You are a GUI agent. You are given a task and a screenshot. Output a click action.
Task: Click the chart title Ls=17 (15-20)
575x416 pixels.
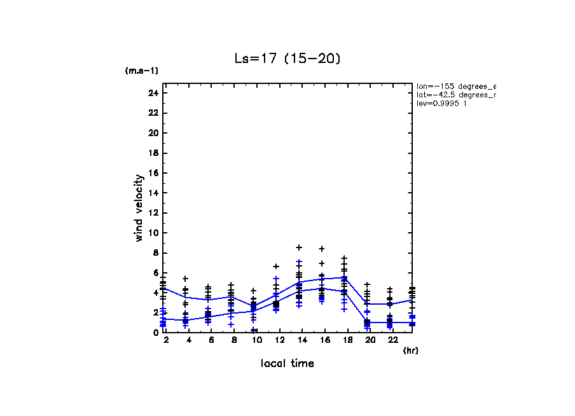[x=287, y=59]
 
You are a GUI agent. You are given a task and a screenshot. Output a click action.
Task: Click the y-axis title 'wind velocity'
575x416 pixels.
[x=139, y=208]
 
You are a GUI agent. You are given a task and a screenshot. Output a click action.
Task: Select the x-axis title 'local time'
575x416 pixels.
[x=287, y=363]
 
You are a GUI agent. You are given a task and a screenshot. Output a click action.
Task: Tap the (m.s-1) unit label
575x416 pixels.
[x=142, y=71]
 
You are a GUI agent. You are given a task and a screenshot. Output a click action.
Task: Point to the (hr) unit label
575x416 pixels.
[x=410, y=350]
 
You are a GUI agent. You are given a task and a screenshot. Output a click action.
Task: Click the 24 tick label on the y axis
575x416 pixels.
[x=153, y=93]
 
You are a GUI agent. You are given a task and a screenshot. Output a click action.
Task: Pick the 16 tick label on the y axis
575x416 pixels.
[x=153, y=173]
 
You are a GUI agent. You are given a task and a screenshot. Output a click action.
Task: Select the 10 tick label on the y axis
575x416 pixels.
[x=153, y=233]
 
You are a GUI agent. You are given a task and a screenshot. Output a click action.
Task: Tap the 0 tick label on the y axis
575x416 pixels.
[x=155, y=332]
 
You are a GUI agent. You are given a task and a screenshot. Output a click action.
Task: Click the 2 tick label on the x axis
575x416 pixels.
[x=166, y=341]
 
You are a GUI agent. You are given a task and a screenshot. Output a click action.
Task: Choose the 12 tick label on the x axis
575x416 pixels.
[x=276, y=341]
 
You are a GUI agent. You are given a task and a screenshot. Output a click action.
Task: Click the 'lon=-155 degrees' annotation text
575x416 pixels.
[x=455, y=85]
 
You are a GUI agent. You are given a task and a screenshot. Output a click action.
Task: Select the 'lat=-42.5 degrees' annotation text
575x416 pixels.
[x=455, y=94]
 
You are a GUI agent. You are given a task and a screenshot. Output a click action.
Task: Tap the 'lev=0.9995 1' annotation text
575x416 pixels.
[x=442, y=103]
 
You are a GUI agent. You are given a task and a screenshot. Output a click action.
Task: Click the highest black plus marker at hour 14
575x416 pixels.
[x=299, y=247]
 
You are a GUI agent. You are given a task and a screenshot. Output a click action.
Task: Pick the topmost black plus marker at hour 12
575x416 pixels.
[x=276, y=267]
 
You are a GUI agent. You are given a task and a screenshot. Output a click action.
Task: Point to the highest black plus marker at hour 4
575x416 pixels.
[x=185, y=279]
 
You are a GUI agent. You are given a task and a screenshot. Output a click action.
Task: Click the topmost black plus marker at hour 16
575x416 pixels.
[x=322, y=249]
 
